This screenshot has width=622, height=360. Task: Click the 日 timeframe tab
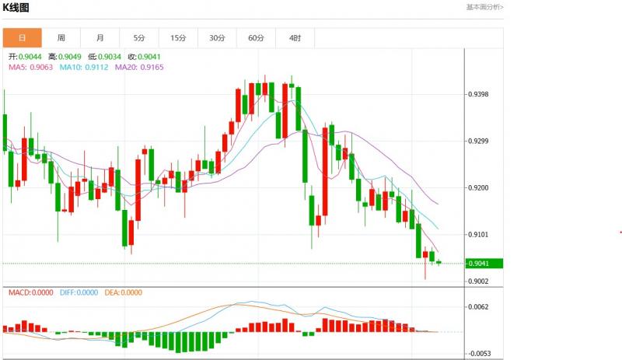pos(22,37)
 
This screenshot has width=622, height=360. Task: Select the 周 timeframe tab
pos(61,37)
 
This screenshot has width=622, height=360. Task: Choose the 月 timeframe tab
pos(100,37)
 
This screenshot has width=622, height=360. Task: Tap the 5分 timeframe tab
pos(139,37)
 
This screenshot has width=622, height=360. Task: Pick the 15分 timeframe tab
pos(178,37)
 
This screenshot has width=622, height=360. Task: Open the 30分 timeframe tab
pos(217,37)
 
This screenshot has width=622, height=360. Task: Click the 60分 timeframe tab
pos(257,37)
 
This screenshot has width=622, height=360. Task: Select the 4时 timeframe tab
pos(295,37)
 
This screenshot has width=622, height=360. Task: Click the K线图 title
pos(16,7)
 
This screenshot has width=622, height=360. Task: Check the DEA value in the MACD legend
pos(125,293)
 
